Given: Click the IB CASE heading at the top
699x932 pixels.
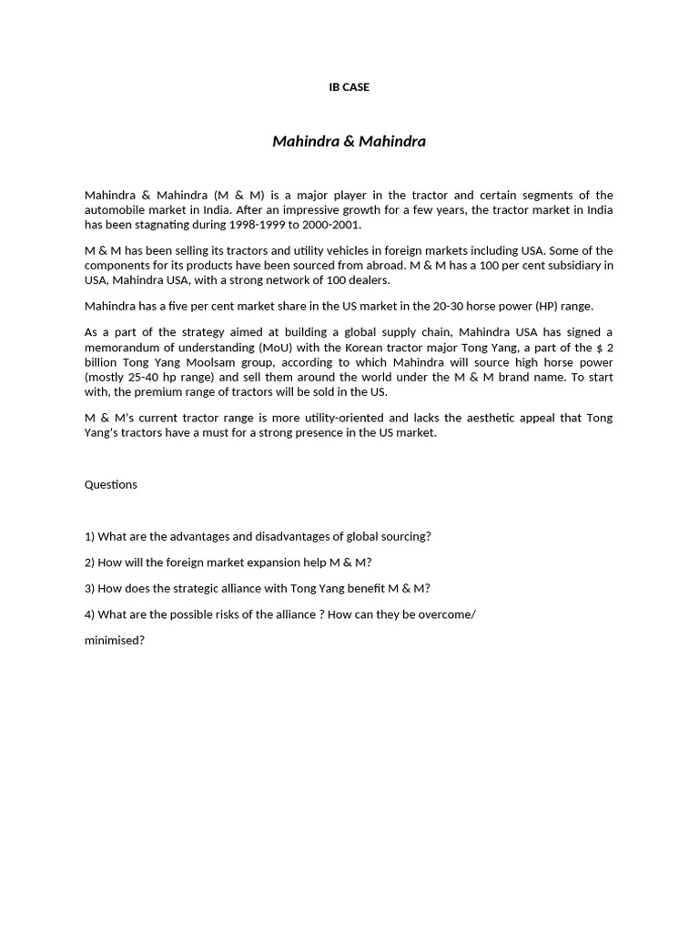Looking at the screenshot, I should pyautogui.click(x=349, y=87).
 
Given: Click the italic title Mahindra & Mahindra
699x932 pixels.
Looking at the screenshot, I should pyautogui.click(x=349, y=141).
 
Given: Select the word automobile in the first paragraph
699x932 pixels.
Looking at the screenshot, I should pyautogui.click(x=116, y=210).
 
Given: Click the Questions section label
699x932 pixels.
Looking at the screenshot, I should pyautogui.click(x=111, y=484).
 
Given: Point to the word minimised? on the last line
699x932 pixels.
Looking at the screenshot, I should pyautogui.click(x=115, y=640).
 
